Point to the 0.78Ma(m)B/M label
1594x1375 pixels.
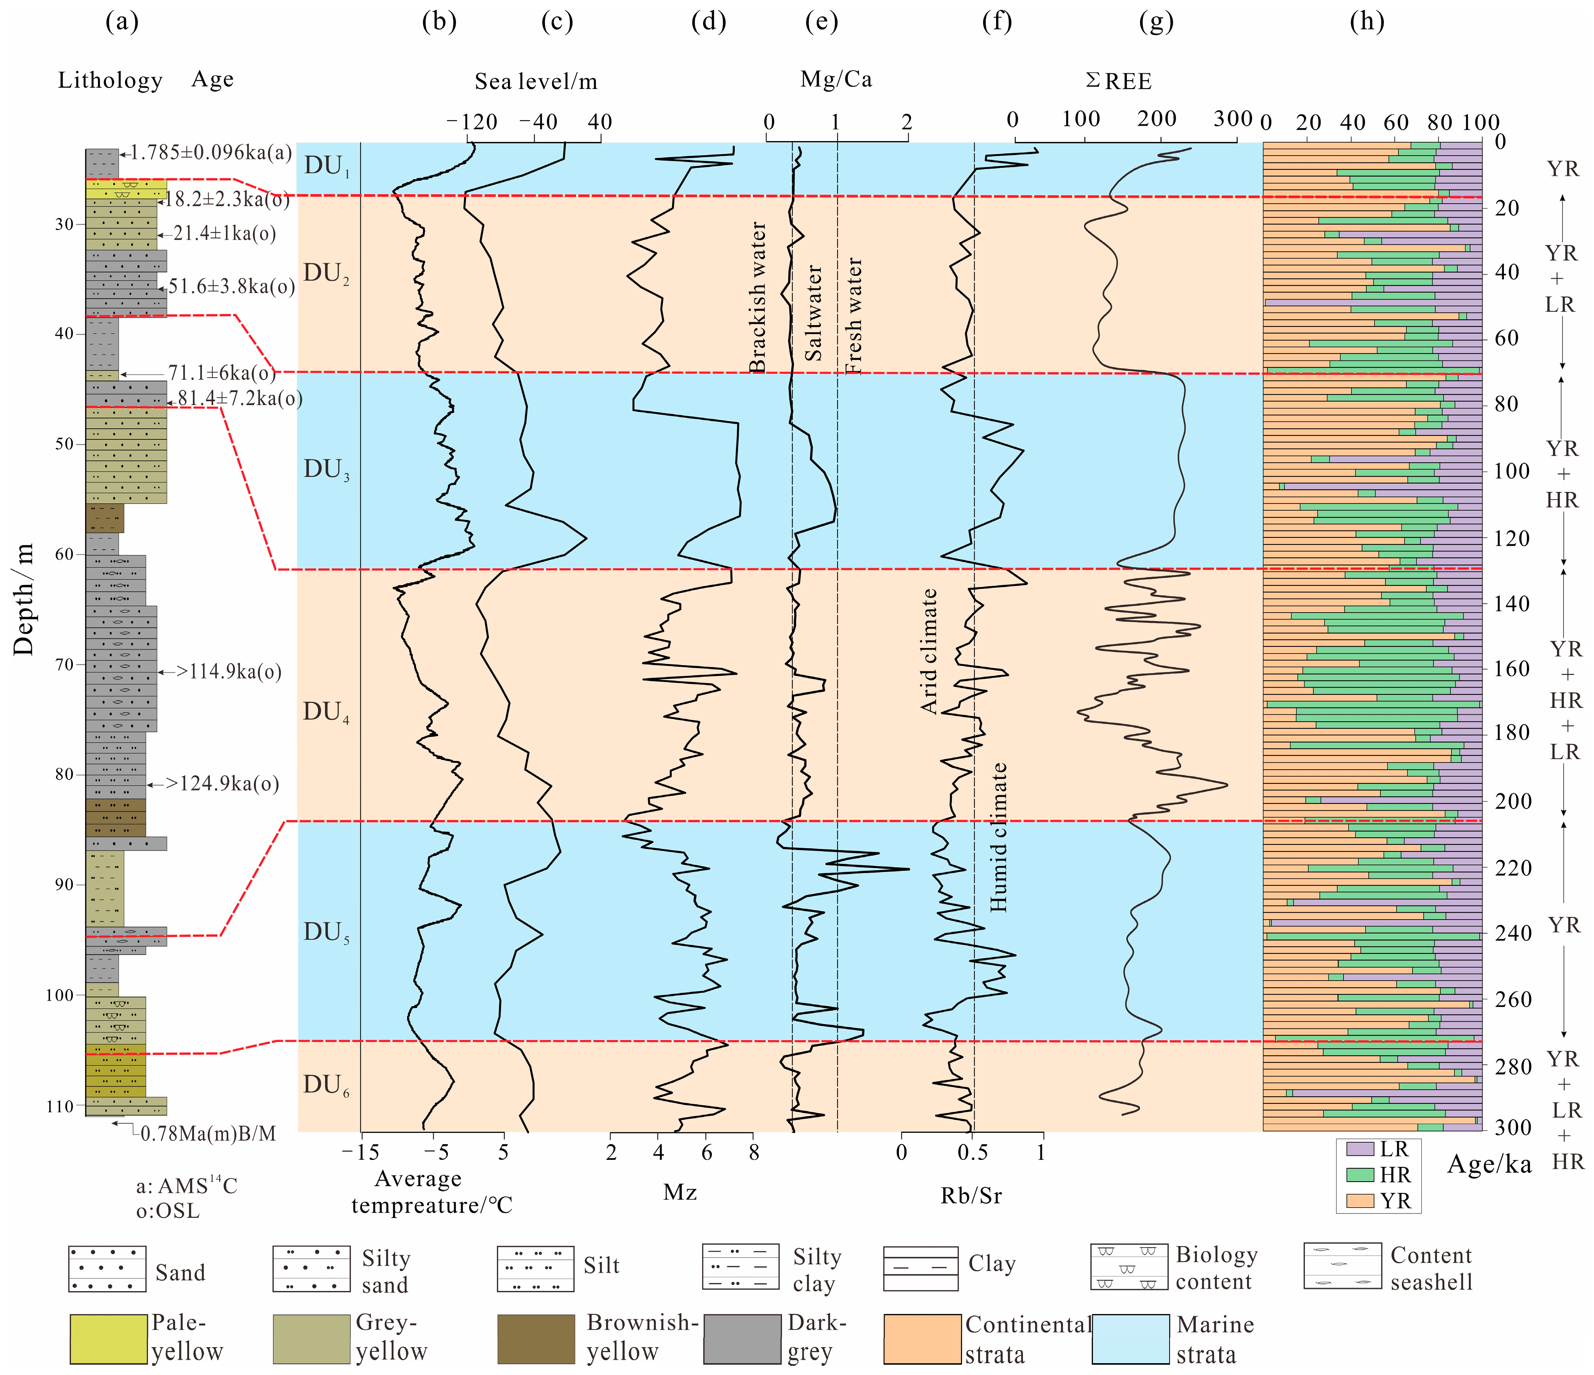point(208,1134)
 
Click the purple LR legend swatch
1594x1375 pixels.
point(1360,1149)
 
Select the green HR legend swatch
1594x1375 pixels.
point(1360,1175)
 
